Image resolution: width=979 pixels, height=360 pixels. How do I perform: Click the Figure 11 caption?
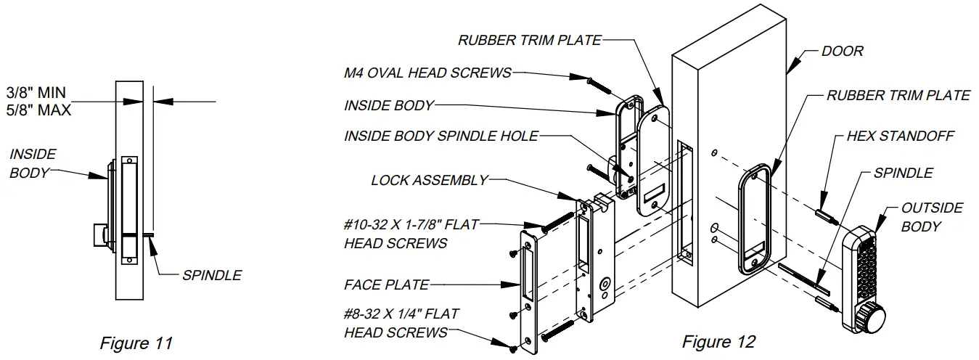point(136,343)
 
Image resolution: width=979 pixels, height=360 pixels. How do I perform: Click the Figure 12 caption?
point(718,341)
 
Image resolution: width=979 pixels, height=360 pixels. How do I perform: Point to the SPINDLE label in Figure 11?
point(212,275)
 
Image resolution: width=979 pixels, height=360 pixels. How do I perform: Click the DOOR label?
point(842,52)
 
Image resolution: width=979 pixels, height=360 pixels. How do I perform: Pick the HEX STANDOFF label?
point(900,136)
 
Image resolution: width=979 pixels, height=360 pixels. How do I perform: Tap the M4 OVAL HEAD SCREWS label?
point(427,73)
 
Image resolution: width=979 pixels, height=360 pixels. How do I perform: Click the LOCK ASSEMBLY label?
point(429,180)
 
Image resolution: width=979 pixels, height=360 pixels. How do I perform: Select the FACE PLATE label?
point(386,285)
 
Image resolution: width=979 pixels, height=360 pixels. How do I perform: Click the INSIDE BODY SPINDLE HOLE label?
point(441,136)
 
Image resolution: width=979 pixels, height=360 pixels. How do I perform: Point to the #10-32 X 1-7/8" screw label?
point(411,234)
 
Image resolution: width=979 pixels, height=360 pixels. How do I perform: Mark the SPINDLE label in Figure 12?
point(903,173)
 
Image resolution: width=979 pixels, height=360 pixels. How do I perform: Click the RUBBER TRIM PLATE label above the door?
point(529,40)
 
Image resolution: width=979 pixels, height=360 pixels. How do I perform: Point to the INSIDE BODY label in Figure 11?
point(33,163)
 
